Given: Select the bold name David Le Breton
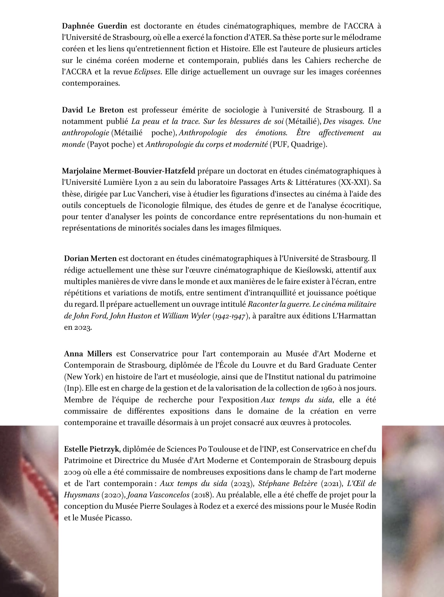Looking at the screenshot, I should (93, 110).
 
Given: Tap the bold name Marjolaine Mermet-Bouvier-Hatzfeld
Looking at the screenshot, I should (129, 171).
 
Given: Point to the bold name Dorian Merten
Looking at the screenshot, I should (90, 258).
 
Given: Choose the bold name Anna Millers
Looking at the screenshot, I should (88, 354).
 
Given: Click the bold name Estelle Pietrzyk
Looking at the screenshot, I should (92, 449).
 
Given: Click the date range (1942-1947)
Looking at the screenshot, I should (231, 316).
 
